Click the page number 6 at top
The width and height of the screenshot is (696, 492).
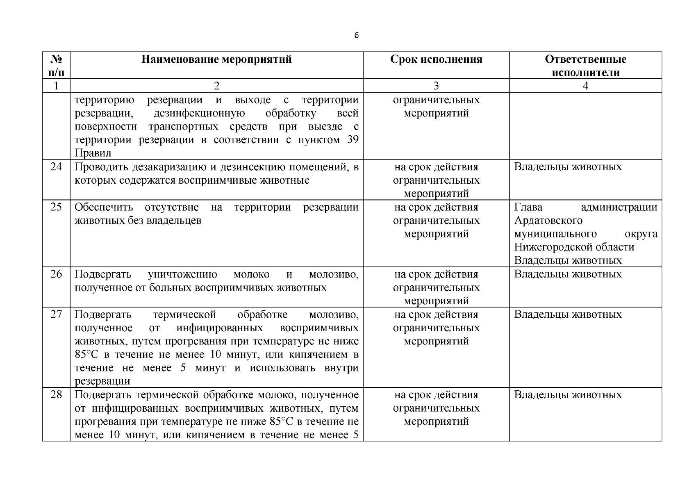pyautogui.click(x=356, y=36)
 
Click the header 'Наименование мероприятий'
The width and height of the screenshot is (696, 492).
pyautogui.click(x=216, y=59)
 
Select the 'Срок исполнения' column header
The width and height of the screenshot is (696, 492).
pyautogui.click(x=436, y=59)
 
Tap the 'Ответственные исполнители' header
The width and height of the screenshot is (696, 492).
pyautogui.click(x=585, y=66)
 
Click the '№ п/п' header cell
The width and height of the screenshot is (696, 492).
pyautogui.click(x=56, y=66)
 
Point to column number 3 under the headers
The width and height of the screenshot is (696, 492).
pyautogui.click(x=436, y=86)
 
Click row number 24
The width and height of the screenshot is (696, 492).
pyautogui.click(x=56, y=167)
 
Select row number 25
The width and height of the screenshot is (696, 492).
pyautogui.click(x=56, y=207)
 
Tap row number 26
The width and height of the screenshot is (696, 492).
pyautogui.click(x=56, y=274)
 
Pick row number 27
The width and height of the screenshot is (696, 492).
pyautogui.click(x=56, y=314)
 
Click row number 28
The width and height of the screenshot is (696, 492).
pyautogui.click(x=56, y=395)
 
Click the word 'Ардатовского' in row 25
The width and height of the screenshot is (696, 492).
pyautogui.click(x=548, y=221)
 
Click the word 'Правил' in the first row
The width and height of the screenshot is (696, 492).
pyautogui.click(x=93, y=153)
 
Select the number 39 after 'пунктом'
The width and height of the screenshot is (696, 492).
pyautogui.click(x=352, y=140)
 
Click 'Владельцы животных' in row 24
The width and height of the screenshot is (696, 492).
pyautogui.click(x=568, y=167)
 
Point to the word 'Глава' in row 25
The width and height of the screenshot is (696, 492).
pyautogui.click(x=528, y=207)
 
